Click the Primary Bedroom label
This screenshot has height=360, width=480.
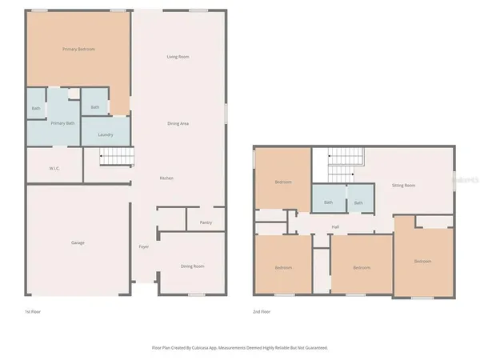(78, 50)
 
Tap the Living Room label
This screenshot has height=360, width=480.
(178, 57)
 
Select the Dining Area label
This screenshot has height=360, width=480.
(178, 123)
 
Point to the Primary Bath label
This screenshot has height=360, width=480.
(63, 123)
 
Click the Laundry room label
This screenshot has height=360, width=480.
(105, 134)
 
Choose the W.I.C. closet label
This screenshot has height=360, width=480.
(54, 168)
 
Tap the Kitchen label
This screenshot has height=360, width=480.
(166, 178)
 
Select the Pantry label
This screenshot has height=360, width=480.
(204, 223)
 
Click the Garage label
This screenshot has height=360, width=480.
(78, 242)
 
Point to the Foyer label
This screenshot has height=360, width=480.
(144, 246)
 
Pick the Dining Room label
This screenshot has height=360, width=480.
(192, 266)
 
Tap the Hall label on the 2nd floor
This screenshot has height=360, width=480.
(335, 227)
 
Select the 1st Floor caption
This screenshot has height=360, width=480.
(34, 311)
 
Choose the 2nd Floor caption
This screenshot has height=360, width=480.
(262, 311)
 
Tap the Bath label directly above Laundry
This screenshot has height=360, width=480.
(94, 107)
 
